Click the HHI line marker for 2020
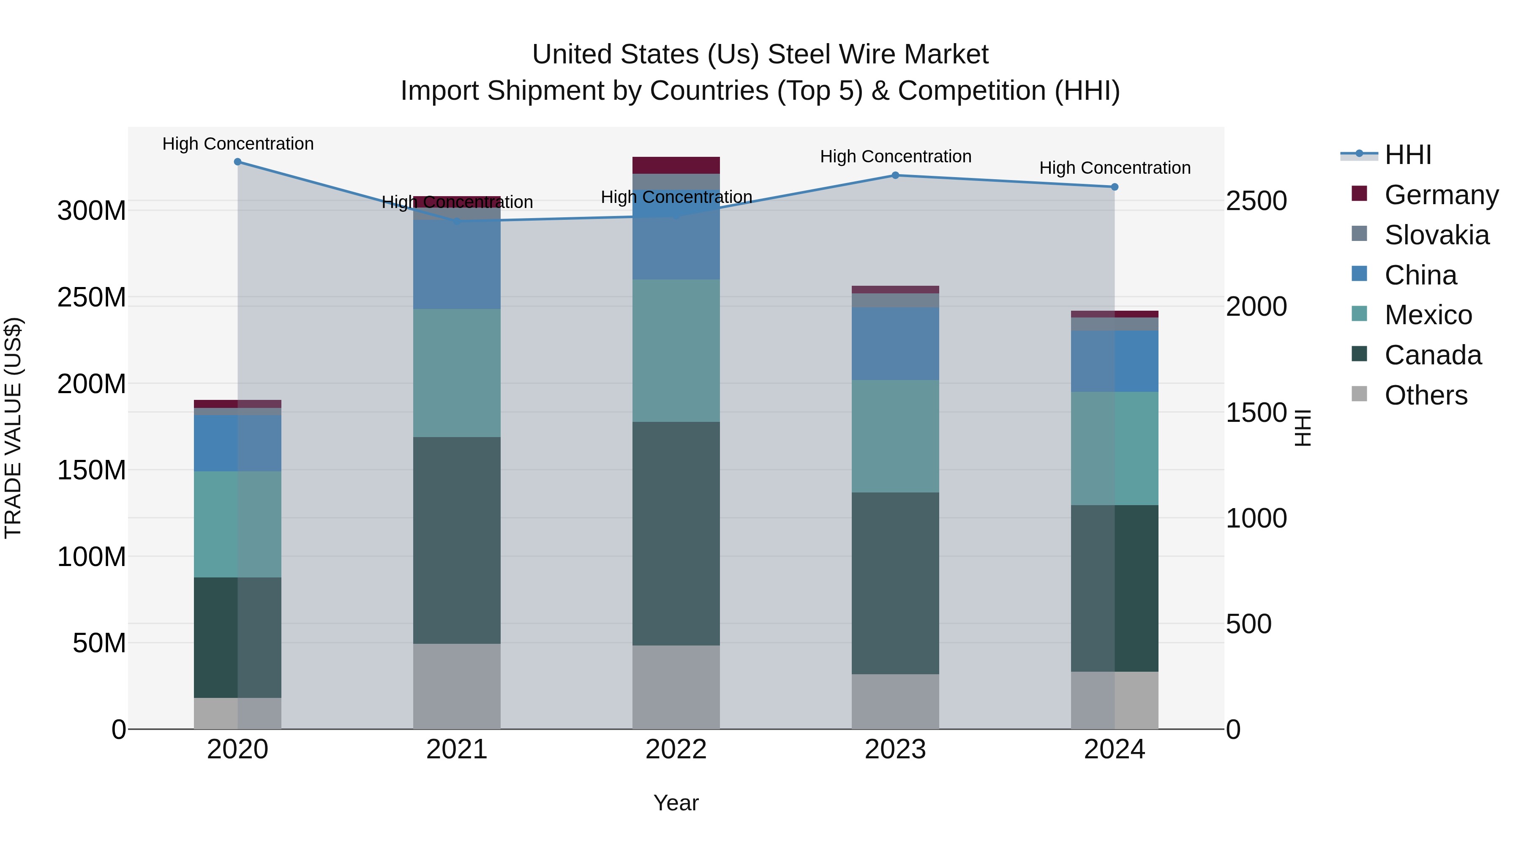click(237, 161)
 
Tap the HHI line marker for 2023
click(895, 175)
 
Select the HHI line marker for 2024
click(1114, 187)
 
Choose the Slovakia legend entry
click(1436, 235)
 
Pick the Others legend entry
click(1426, 395)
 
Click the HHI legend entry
click(1408, 155)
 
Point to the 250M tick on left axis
click(92, 297)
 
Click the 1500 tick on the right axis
click(1256, 412)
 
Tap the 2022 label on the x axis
click(676, 749)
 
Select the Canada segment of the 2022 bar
click(676, 533)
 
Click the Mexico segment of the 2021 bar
click(456, 373)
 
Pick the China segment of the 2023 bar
click(895, 343)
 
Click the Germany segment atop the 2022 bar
click(676, 165)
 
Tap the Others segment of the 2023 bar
click(895, 701)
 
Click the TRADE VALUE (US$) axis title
click(13, 428)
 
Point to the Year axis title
click(676, 803)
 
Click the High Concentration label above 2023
click(895, 156)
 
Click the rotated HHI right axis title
click(1302, 428)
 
